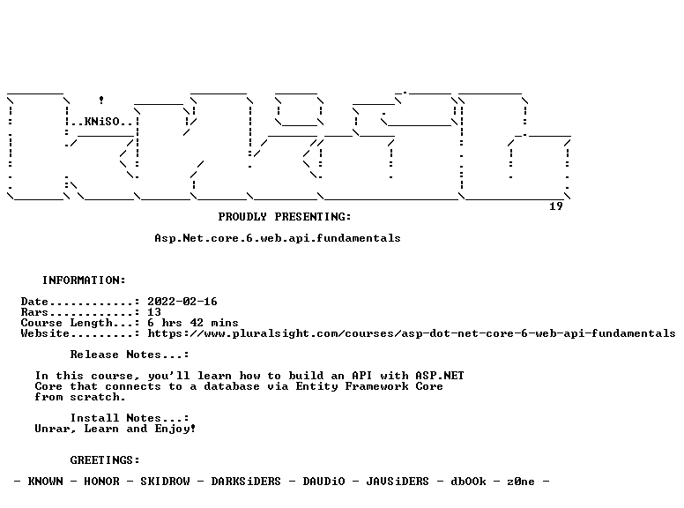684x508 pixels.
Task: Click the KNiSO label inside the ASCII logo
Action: (x=102, y=122)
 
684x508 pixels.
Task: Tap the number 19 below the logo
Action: (x=555, y=206)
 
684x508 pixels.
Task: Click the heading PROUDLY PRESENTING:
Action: (x=285, y=216)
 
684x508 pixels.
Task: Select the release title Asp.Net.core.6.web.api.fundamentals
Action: (x=278, y=238)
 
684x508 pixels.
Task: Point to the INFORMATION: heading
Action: (x=84, y=280)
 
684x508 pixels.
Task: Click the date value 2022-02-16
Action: (x=182, y=301)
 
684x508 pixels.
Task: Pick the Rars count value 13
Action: (x=154, y=312)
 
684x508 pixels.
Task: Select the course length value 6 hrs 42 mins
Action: (x=193, y=323)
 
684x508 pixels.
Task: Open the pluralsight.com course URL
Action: (x=412, y=333)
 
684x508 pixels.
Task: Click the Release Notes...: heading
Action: (x=130, y=355)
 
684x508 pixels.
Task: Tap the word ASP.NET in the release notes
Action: (x=440, y=376)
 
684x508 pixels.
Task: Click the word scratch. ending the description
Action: (x=98, y=397)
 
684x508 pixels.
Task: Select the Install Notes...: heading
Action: (x=130, y=418)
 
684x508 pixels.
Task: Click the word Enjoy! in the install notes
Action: (x=175, y=429)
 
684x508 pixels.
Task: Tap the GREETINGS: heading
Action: (x=105, y=460)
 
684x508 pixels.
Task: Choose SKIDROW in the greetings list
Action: (x=165, y=482)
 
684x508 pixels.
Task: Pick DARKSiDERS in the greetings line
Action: (x=246, y=482)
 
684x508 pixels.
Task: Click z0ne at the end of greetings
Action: (x=521, y=482)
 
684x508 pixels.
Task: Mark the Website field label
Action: (x=45, y=333)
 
